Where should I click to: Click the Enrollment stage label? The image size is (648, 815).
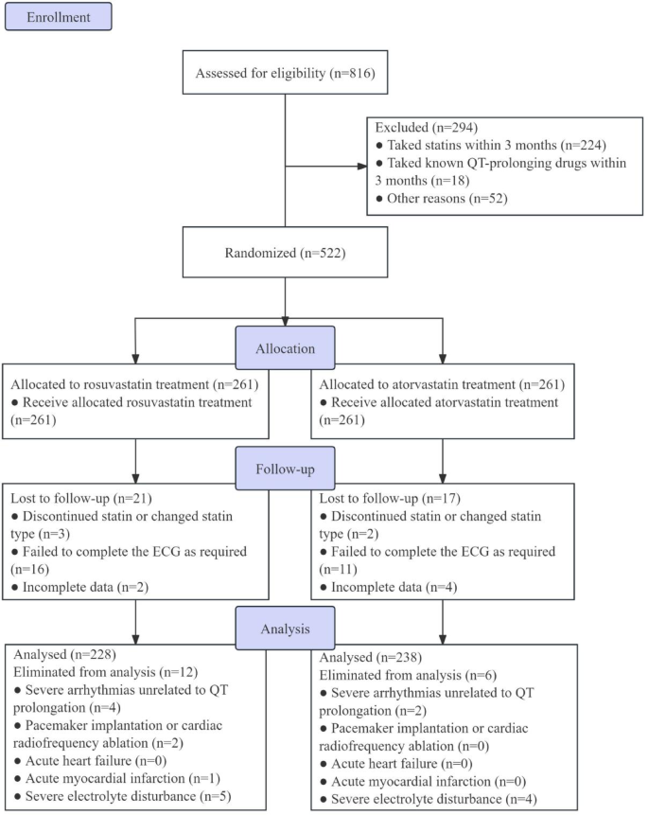click(x=59, y=16)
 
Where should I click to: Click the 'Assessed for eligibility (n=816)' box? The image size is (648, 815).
click(x=286, y=74)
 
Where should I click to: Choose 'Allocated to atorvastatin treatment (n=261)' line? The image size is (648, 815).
click(x=442, y=385)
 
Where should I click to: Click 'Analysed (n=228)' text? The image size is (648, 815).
click(x=63, y=652)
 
